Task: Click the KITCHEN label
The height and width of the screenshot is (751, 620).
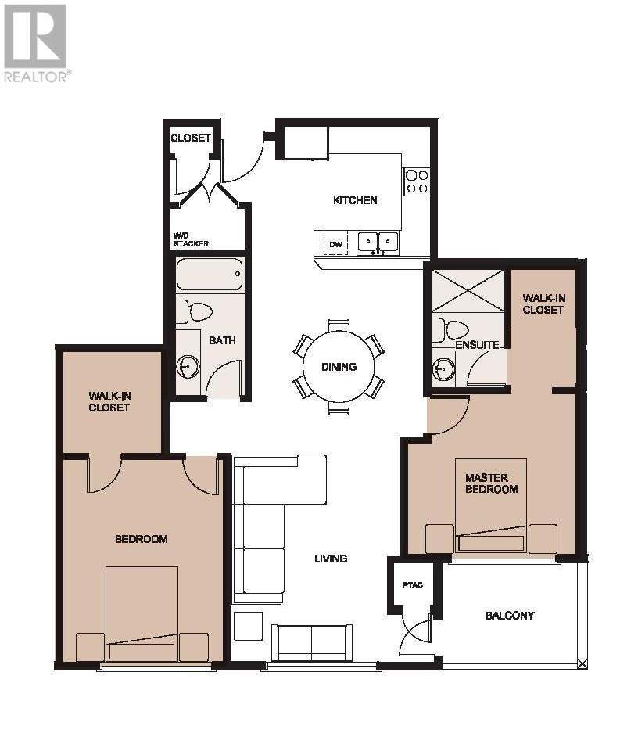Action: (355, 200)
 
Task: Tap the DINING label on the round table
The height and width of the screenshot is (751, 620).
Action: (339, 367)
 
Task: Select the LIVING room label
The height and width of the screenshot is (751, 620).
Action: (331, 559)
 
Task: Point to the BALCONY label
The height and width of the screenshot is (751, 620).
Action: (510, 616)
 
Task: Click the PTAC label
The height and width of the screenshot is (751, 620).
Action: (413, 585)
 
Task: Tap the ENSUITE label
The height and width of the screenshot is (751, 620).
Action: (477, 345)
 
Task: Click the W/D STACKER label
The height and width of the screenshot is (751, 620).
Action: (191, 239)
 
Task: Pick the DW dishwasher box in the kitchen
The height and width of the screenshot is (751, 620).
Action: (336, 244)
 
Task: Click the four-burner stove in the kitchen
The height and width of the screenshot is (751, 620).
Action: (416, 181)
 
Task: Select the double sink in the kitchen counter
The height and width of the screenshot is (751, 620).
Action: (378, 242)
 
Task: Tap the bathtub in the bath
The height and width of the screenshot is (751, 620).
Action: (210, 274)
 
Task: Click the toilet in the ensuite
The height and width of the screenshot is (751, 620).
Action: (450, 329)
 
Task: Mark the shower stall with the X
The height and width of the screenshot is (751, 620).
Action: (468, 291)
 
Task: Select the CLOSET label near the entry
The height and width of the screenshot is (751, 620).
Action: (191, 138)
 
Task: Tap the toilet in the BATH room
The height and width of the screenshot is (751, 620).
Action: (195, 312)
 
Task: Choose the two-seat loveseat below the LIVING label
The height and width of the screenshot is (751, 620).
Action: (310, 643)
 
